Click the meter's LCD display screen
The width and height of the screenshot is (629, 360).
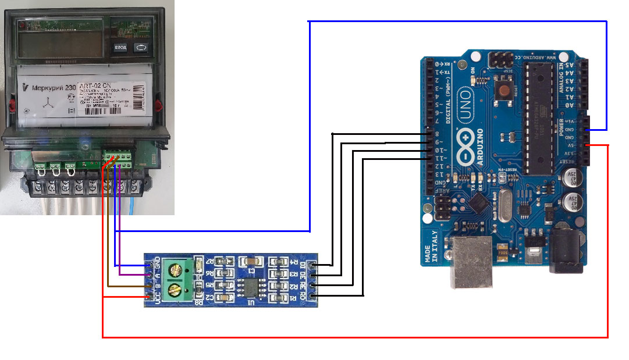click(58, 42)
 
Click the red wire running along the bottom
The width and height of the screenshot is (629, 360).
click(349, 337)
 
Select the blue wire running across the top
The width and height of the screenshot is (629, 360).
click(454, 22)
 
